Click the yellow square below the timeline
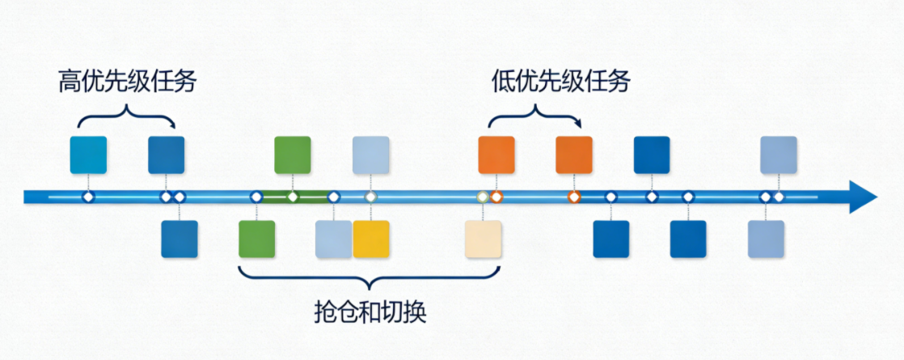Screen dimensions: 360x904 point(371,239)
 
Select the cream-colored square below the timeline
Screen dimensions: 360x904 point(484,239)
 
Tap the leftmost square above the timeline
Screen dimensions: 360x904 point(88,155)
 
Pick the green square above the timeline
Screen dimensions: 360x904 point(293,155)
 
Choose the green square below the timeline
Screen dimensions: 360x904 point(257,239)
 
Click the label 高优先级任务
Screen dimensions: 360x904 point(127,82)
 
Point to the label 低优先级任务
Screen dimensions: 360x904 point(560,82)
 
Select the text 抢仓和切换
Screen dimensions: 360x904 point(370,312)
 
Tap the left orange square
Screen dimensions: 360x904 point(496,155)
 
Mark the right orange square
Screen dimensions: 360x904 point(574,155)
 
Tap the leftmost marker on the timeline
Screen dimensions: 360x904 point(88,197)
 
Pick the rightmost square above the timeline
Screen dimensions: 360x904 point(779,155)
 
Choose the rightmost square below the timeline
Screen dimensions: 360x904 point(766,239)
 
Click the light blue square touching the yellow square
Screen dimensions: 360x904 point(333,239)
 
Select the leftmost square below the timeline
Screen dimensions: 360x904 point(180,239)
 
